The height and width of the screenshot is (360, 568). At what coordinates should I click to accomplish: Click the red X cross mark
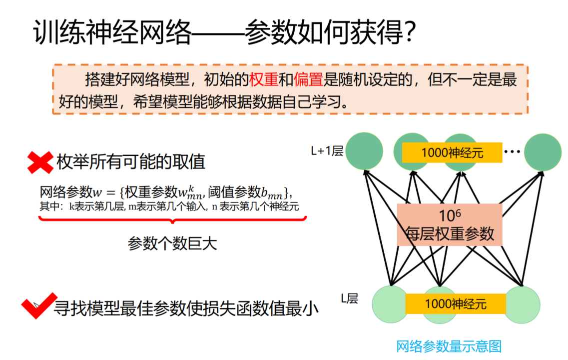pyautogui.click(x=39, y=162)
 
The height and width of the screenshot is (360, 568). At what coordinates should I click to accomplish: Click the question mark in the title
pyautogui.click(x=408, y=33)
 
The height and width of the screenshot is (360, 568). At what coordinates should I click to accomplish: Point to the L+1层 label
pyautogui.click(x=326, y=151)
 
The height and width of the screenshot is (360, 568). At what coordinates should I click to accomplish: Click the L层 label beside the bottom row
pyautogui.click(x=350, y=298)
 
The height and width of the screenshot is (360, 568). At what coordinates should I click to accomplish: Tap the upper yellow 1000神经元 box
pyautogui.click(x=452, y=152)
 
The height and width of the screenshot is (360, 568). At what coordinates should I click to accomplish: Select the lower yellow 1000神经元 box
pyautogui.click(x=455, y=303)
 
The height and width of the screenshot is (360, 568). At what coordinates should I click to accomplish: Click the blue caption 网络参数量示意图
pyautogui.click(x=448, y=346)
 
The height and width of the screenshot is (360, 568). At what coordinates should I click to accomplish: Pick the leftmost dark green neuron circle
pyautogui.click(x=364, y=151)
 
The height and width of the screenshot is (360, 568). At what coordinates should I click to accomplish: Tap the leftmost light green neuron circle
pyautogui.click(x=390, y=303)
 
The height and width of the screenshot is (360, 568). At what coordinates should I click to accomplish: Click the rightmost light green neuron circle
pyautogui.click(x=523, y=303)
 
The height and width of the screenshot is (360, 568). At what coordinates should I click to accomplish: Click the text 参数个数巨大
pyautogui.click(x=172, y=243)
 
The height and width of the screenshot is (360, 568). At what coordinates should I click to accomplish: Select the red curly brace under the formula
pyautogui.click(x=172, y=219)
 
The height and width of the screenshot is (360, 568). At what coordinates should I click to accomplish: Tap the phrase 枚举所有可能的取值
pyautogui.click(x=131, y=162)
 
